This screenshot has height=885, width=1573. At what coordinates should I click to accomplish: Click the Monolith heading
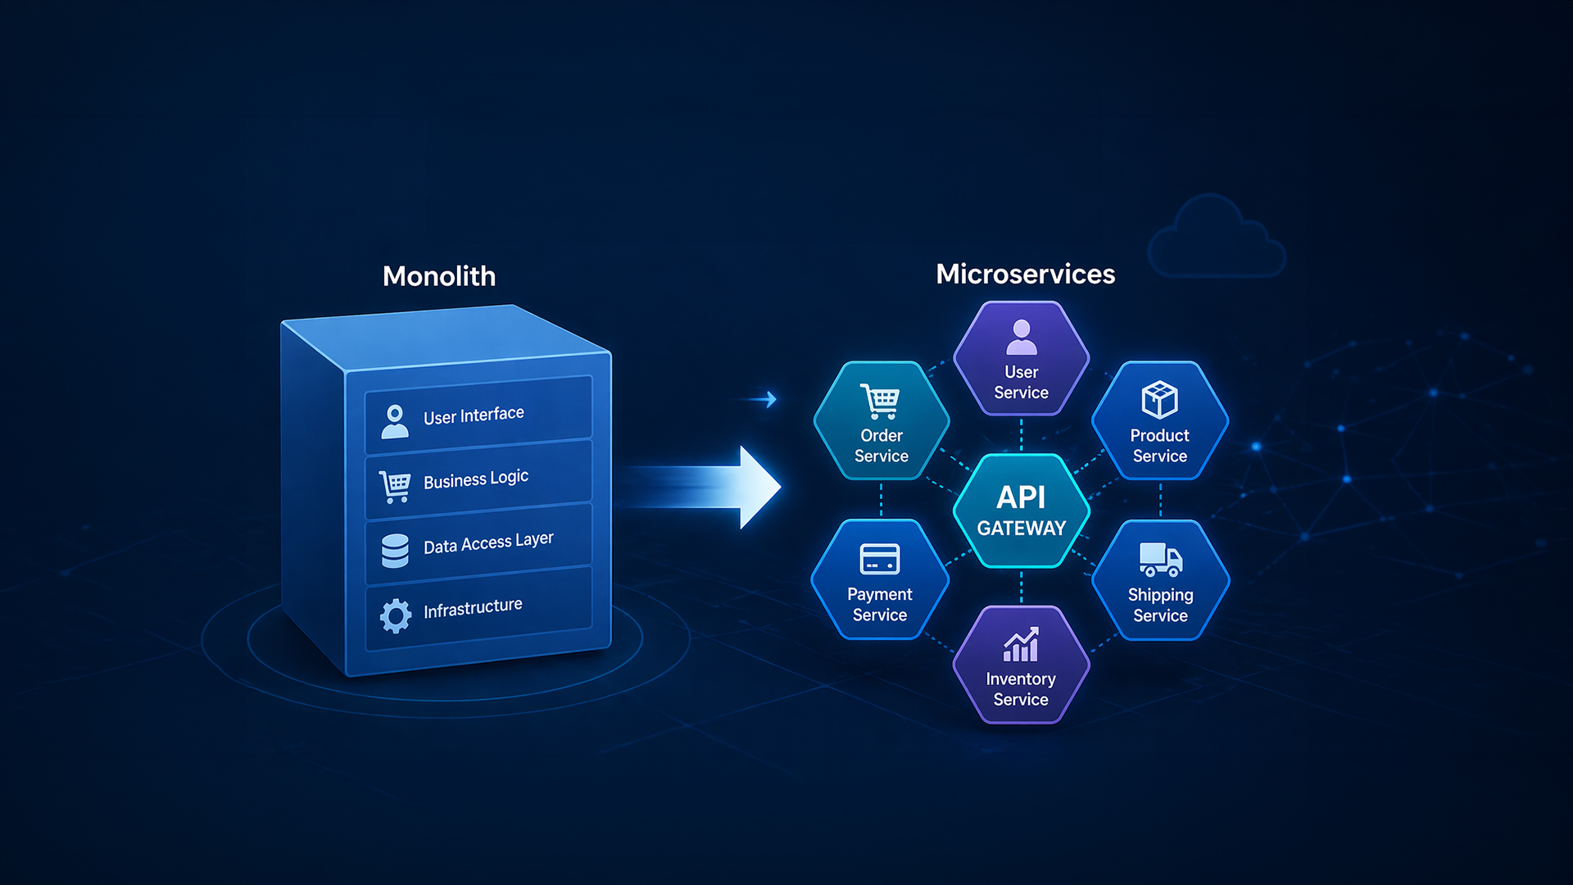click(439, 276)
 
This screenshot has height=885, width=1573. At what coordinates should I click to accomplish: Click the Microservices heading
click(1025, 274)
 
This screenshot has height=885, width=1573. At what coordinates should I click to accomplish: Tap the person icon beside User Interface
click(395, 421)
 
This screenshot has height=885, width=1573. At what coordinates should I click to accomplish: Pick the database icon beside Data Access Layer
click(395, 551)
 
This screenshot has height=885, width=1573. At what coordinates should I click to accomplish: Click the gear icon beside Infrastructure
click(396, 615)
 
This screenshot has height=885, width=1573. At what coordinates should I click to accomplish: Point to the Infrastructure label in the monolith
click(473, 608)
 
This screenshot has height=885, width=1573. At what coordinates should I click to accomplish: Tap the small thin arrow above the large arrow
click(759, 399)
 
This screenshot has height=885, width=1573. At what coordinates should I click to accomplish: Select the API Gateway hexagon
click(1022, 511)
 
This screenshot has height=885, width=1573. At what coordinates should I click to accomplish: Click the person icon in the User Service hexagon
click(1022, 337)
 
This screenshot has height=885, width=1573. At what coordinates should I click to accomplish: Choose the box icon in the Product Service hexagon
click(1159, 400)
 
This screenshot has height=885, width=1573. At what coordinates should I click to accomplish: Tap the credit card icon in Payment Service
click(880, 560)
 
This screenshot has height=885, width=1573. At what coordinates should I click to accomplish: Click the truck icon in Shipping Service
click(1161, 560)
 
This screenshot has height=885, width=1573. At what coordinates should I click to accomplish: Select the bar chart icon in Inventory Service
click(1021, 645)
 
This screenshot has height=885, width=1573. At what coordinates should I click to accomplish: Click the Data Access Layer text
click(488, 542)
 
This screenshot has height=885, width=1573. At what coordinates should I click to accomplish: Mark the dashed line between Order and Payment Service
click(881, 500)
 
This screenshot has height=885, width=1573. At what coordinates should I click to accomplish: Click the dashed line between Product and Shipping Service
click(1160, 500)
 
